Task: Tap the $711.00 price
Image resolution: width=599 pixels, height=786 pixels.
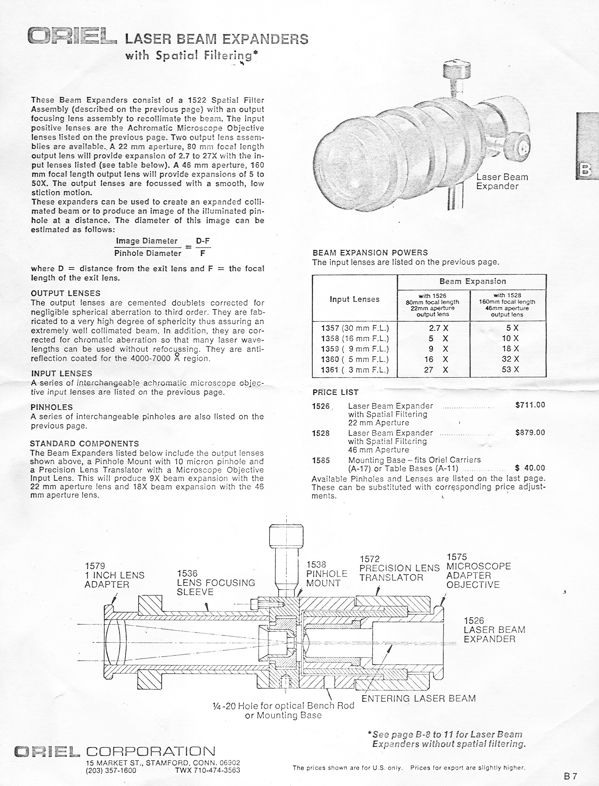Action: (x=530, y=405)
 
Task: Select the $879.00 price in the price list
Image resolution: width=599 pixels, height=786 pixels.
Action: (x=530, y=433)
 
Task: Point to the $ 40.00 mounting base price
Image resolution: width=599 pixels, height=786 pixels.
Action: (x=530, y=468)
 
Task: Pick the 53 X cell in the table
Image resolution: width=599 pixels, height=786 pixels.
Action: (x=510, y=369)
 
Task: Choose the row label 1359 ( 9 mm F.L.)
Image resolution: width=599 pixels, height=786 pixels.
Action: (x=354, y=349)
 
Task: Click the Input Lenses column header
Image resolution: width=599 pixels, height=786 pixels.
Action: (x=354, y=299)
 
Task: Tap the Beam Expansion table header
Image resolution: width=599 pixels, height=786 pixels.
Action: (x=472, y=281)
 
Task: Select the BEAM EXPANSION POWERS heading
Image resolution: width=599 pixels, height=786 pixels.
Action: (x=370, y=252)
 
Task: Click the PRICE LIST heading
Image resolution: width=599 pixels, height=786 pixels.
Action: (x=335, y=392)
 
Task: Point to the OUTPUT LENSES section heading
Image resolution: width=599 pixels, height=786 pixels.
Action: (x=65, y=293)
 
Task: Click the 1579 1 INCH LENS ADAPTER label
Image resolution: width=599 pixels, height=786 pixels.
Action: (x=114, y=576)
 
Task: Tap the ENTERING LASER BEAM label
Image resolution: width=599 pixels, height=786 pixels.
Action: (x=418, y=698)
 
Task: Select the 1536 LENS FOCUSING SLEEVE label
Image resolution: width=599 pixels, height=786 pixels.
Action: (x=215, y=583)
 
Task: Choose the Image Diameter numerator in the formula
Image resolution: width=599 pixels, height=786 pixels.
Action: (x=146, y=241)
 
